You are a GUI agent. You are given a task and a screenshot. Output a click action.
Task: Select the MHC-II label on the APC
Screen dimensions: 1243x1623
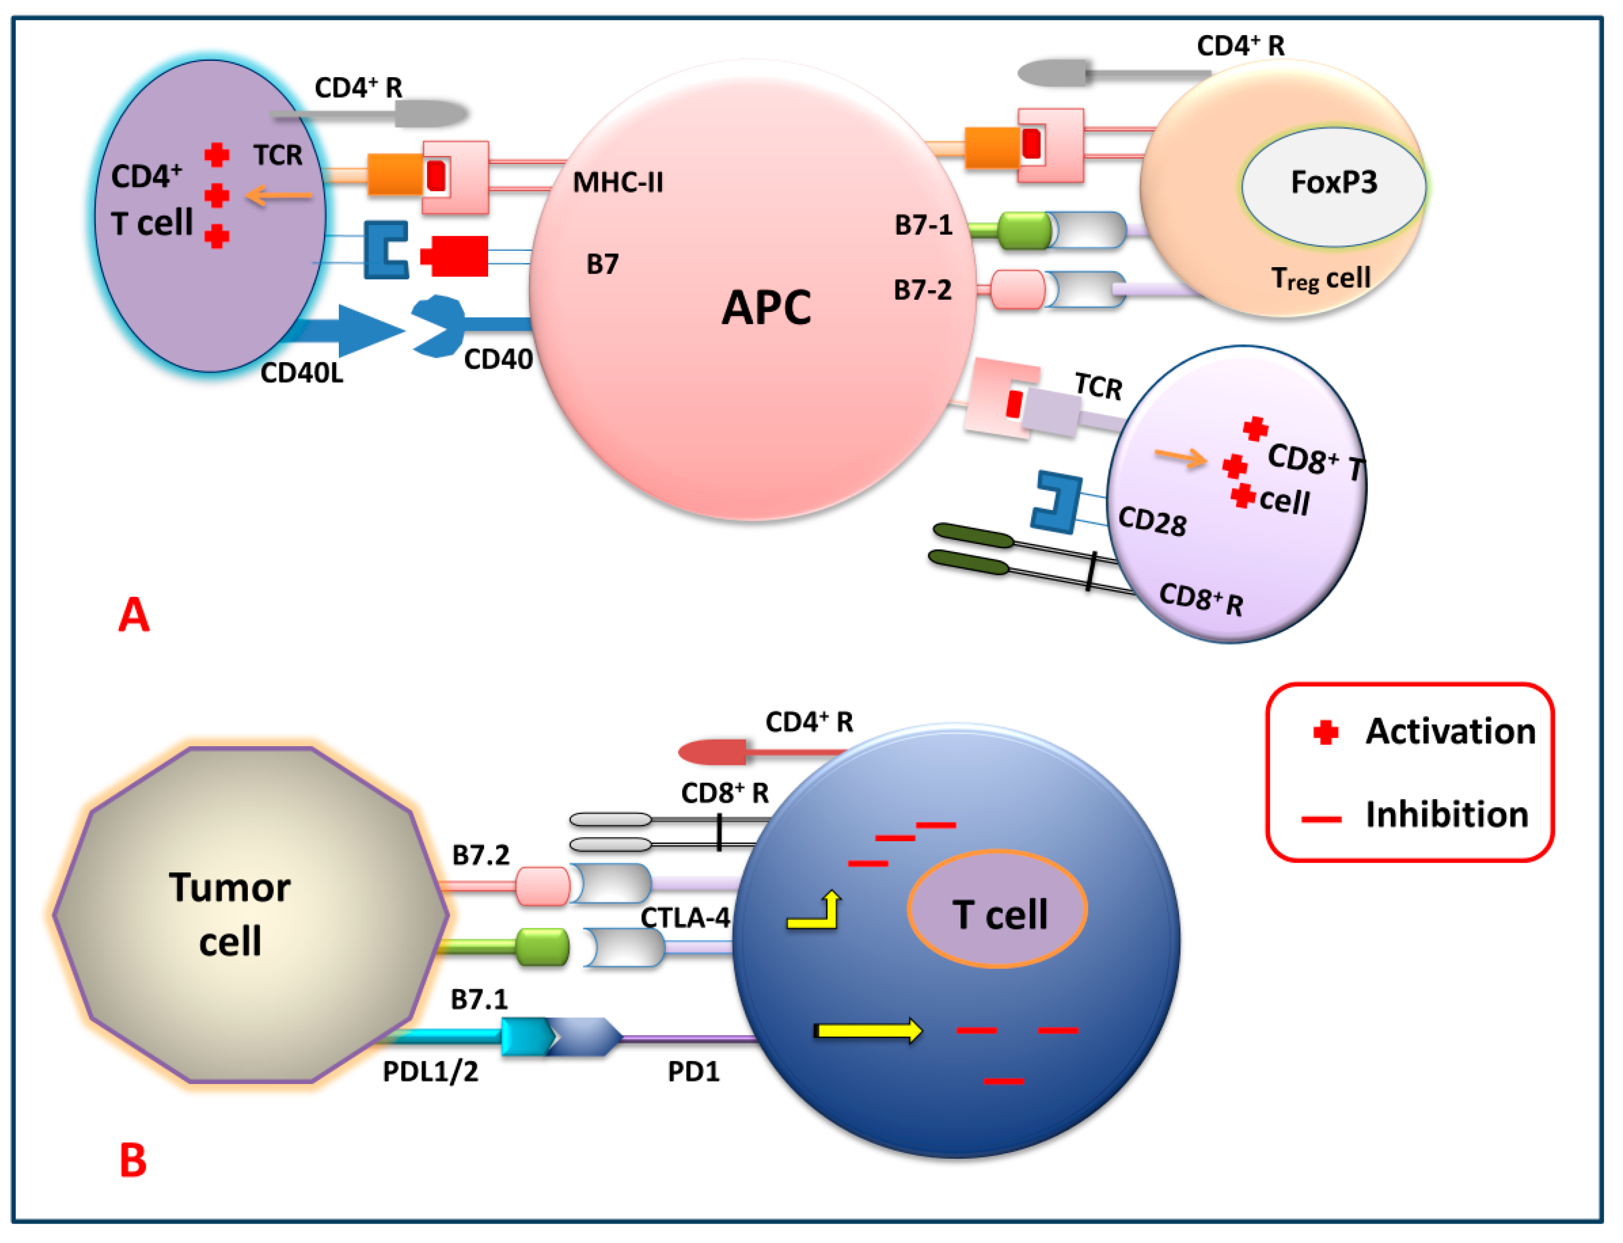tap(618, 182)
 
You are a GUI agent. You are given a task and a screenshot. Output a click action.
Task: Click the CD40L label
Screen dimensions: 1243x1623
tap(302, 373)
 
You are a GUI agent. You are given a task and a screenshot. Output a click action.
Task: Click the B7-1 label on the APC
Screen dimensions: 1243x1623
tap(923, 225)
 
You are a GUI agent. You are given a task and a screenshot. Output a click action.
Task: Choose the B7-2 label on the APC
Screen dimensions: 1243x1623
tap(922, 290)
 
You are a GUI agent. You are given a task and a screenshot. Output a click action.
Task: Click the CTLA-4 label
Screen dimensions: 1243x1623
tap(684, 917)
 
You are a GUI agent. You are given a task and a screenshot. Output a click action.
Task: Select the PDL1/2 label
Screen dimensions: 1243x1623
tap(430, 1071)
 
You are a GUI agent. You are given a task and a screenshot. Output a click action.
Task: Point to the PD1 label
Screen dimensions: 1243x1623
tap(693, 1071)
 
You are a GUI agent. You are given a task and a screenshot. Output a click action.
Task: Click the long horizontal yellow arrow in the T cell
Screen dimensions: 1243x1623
tap(867, 1030)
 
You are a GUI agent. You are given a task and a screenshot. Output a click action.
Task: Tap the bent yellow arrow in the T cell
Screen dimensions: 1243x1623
tap(815, 911)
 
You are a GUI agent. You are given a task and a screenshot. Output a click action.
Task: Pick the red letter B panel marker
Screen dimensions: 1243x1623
tap(133, 1160)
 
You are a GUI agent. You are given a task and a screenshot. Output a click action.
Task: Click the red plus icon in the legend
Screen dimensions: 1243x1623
tap(1325, 732)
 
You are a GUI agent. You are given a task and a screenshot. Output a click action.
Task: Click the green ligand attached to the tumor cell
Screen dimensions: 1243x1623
tap(542, 947)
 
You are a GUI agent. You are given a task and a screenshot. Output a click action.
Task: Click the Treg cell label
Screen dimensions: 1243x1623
tap(1320, 279)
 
